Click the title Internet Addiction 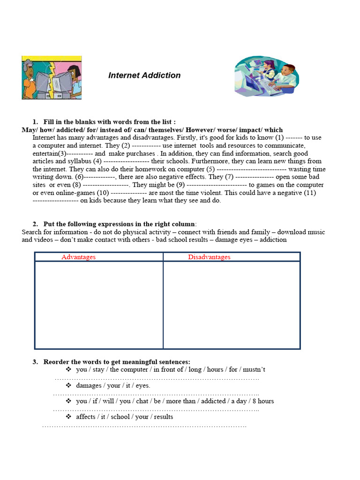coord(144,75)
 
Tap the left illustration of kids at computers coord(52,78)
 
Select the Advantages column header coord(78,257)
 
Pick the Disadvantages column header coord(209,257)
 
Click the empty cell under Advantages coord(99,305)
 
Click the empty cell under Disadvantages coord(232,305)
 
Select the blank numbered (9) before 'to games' coord(217,185)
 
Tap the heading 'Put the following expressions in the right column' coord(120,224)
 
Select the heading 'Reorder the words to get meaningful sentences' coord(117,362)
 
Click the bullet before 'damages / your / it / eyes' coord(68,385)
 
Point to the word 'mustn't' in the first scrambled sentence coord(254,369)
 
